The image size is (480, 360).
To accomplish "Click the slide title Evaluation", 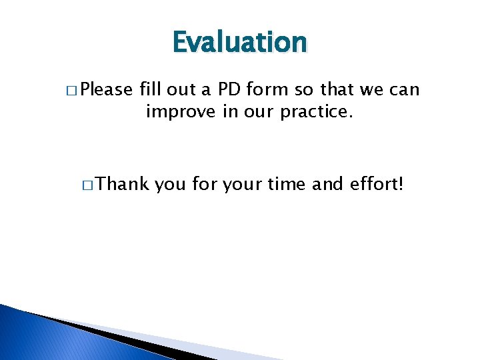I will click(239, 43).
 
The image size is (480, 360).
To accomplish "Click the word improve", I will click(174, 111).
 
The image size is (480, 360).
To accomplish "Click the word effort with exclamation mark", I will click(377, 184).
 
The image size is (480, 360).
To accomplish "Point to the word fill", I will click(151, 89).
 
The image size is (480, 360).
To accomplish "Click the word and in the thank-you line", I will click(328, 184).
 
